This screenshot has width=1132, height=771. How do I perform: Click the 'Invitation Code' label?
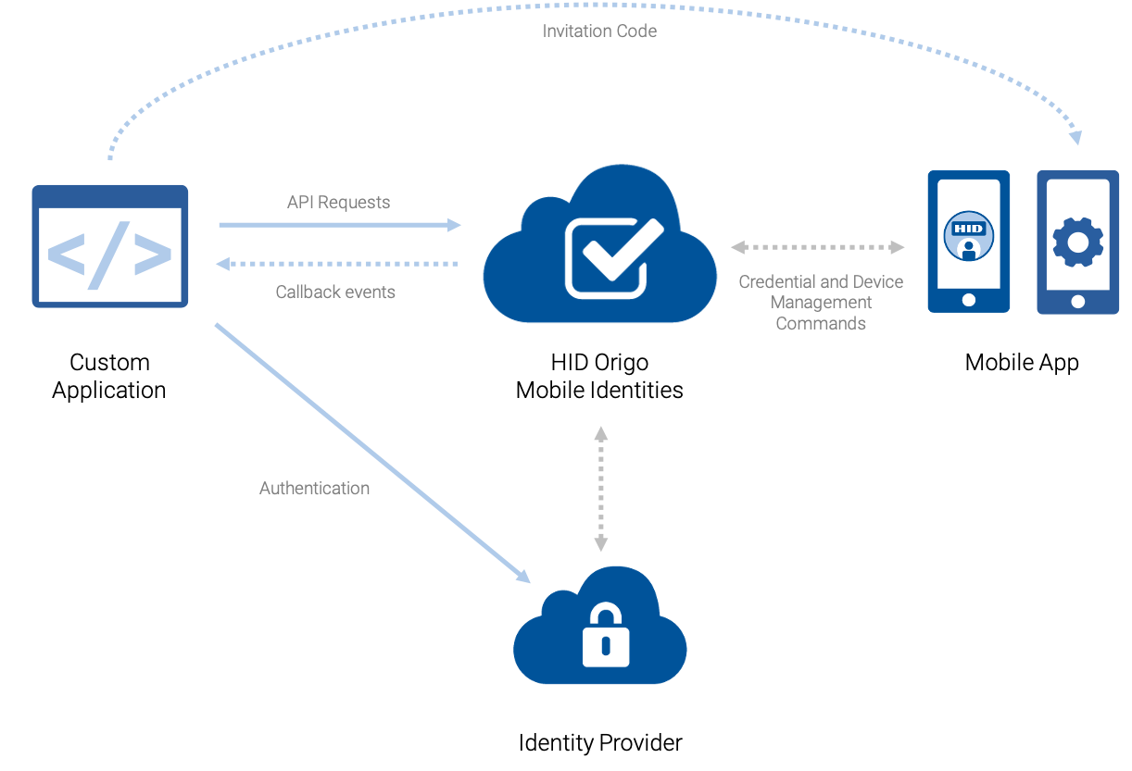599,31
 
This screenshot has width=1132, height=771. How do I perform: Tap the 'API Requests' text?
338,202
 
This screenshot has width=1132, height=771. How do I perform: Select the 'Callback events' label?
335,292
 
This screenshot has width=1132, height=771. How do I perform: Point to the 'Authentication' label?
314,488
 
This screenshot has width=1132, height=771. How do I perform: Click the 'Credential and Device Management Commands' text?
821,303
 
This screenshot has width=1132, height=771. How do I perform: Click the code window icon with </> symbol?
110,246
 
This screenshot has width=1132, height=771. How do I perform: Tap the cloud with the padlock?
600,629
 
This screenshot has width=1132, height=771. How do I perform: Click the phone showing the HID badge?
969,242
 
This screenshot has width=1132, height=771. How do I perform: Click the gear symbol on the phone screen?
1077,242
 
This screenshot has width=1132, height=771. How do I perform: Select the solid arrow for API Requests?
339,225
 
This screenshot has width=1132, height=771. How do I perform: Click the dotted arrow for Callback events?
337,265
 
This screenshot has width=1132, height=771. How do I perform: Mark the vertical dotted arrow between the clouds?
601,489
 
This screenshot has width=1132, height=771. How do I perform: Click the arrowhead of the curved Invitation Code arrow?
1074,137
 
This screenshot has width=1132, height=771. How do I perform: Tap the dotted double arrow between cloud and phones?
817,247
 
